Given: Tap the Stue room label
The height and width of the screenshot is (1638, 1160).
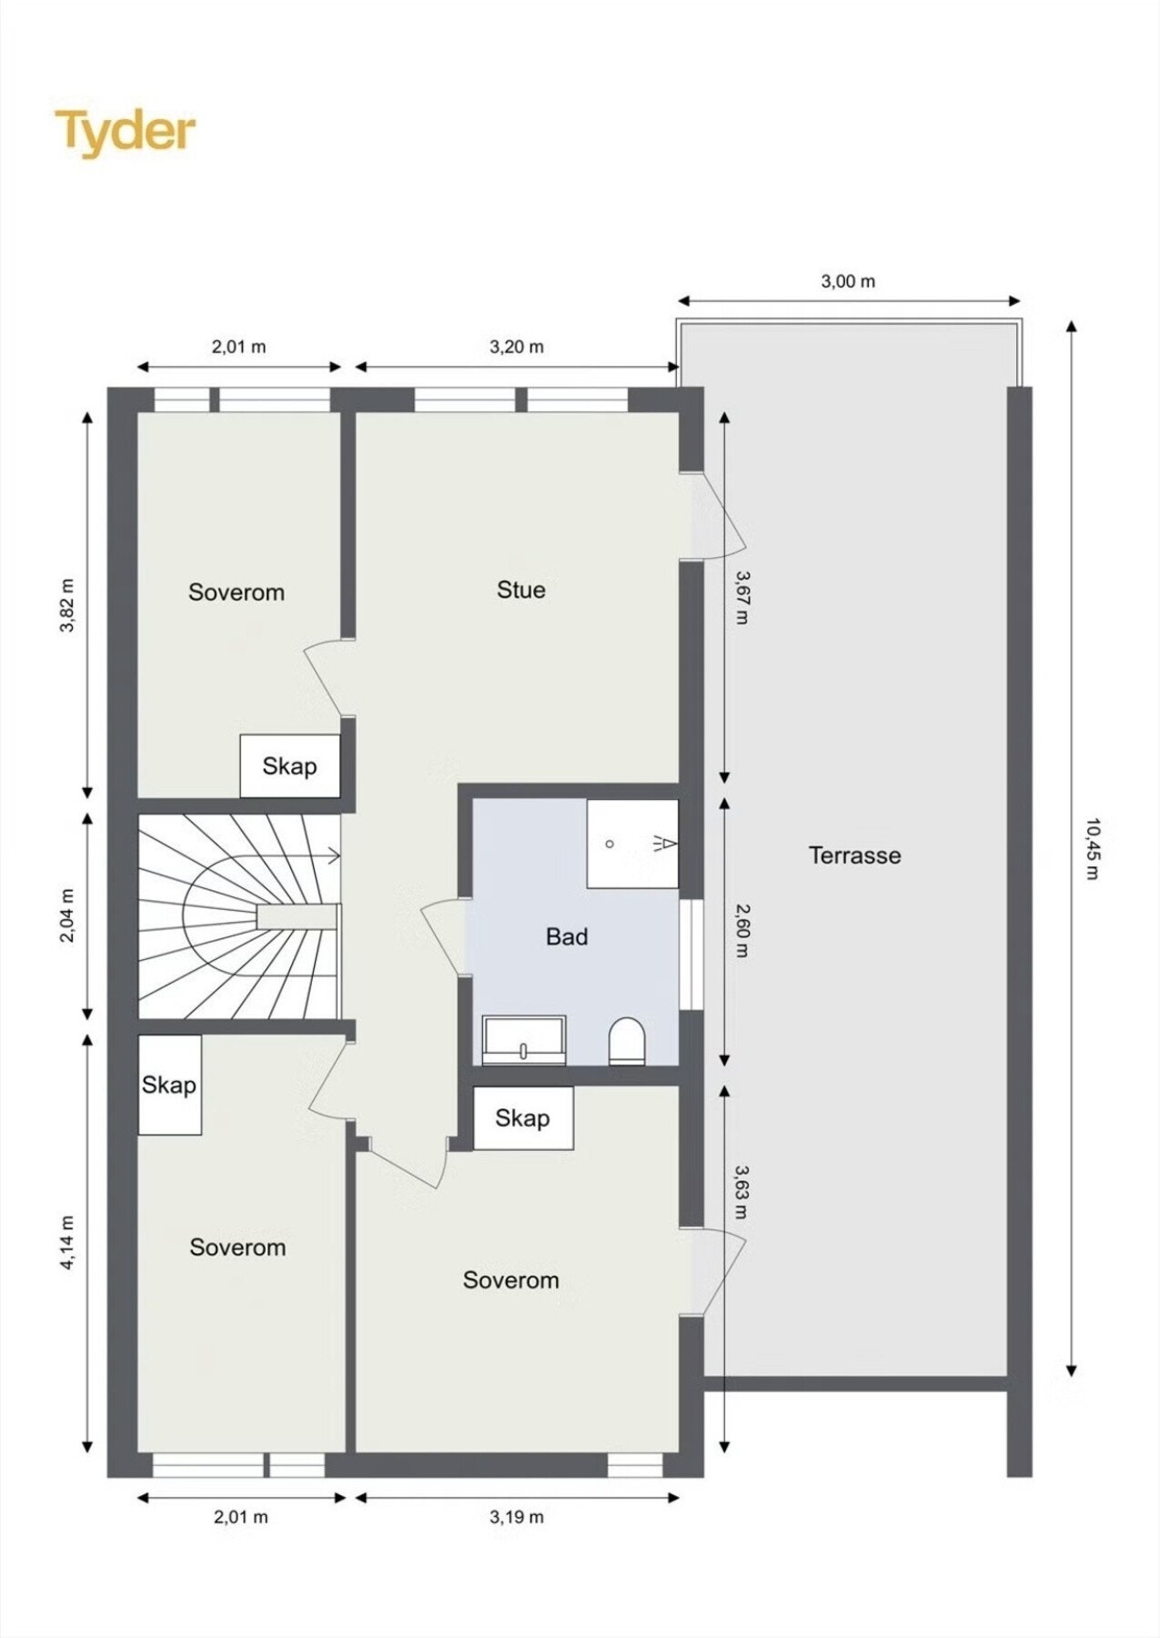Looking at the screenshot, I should (x=521, y=590).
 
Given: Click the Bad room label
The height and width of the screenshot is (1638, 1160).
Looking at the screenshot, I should (x=567, y=936).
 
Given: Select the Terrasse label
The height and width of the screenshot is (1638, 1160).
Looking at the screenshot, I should (x=854, y=855).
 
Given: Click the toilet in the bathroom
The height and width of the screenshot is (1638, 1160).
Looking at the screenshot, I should (x=626, y=1040).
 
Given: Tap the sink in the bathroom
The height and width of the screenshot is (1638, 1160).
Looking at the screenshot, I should (x=524, y=1040).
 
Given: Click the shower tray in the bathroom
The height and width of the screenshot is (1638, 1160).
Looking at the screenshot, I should (x=632, y=844).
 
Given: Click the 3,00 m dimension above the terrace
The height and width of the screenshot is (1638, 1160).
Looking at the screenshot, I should (x=848, y=281).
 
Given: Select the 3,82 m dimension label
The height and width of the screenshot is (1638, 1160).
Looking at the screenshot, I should (x=67, y=604).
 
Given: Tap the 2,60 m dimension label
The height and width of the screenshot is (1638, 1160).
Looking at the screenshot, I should (x=741, y=930).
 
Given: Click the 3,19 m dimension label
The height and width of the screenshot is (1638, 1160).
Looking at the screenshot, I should (x=517, y=1517).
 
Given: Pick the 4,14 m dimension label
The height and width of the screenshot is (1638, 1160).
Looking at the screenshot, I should (x=67, y=1242).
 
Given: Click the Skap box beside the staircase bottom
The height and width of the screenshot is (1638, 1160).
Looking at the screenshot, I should (x=169, y=1085).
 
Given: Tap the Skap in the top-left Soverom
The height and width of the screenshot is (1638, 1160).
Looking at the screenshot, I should (x=289, y=766).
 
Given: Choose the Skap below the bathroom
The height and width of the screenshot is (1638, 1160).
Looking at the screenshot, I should (x=522, y=1118).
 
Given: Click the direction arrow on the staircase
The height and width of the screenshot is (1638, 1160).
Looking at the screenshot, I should (x=331, y=855).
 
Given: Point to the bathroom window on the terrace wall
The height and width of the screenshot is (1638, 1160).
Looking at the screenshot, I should (x=691, y=955).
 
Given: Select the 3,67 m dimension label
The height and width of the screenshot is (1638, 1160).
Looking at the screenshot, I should (x=741, y=597).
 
